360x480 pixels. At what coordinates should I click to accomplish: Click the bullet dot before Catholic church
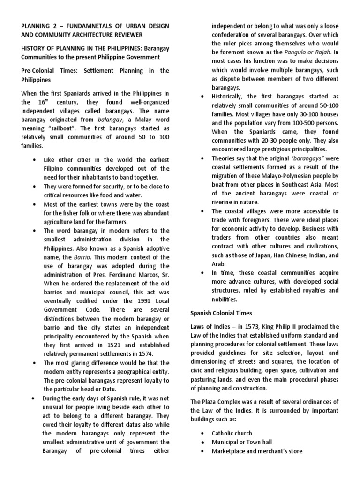tap(202, 434)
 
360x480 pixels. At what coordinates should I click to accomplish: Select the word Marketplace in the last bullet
tap(230, 451)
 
